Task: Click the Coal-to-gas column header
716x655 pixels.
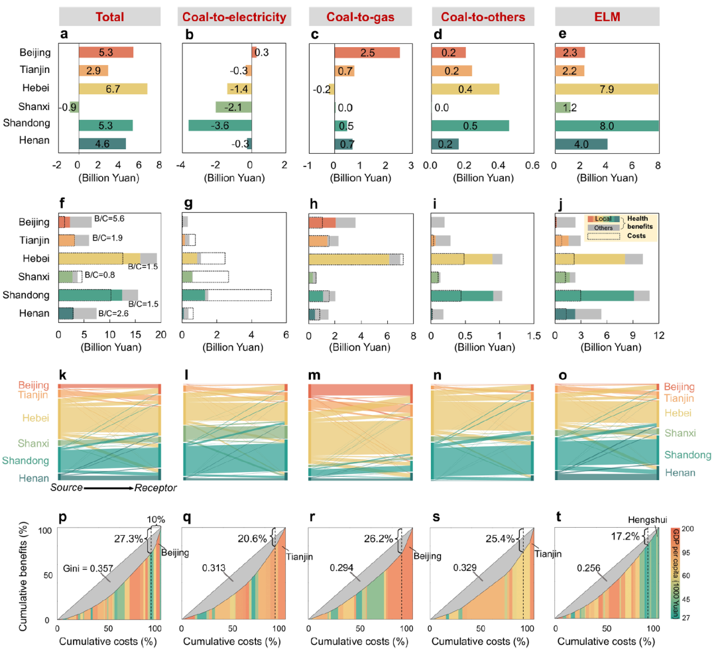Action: click(359, 16)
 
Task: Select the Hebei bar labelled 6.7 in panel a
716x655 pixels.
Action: click(113, 89)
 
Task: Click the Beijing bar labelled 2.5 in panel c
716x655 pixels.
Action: click(367, 52)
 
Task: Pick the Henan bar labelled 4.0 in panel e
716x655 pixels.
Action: click(581, 143)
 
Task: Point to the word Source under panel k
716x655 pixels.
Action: click(65, 488)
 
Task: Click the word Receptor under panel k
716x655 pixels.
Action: click(155, 488)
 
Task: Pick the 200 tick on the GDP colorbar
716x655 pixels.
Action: click(687, 529)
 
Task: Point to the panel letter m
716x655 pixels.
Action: click(314, 377)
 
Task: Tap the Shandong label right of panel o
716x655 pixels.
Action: click(688, 455)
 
